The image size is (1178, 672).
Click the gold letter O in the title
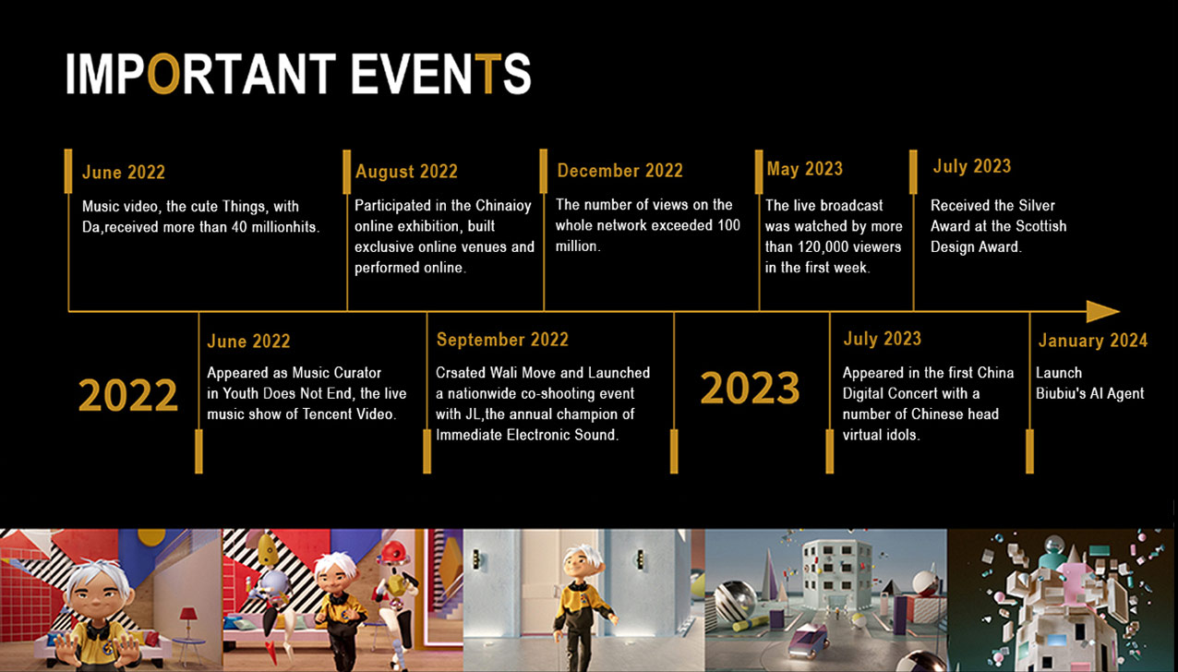tap(163, 73)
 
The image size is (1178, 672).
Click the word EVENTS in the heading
tap(440, 73)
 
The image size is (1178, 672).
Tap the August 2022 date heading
tap(406, 172)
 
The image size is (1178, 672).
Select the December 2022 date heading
tap(620, 171)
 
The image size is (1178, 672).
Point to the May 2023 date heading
tap(805, 169)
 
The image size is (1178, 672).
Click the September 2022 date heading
tap(502, 340)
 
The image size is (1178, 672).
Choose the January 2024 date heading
tap(1093, 341)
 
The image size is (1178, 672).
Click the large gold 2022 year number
tap(127, 395)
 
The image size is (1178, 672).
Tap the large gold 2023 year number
tap(750, 388)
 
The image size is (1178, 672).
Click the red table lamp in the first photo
tap(188, 618)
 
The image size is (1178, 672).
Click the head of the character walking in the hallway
tap(583, 563)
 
